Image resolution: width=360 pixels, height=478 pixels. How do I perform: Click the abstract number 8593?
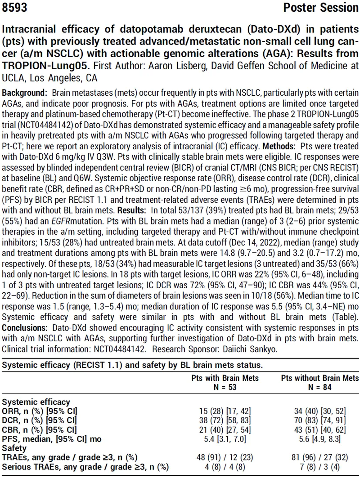pos(14,8)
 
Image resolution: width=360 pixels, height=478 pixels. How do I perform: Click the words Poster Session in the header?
pos(321,8)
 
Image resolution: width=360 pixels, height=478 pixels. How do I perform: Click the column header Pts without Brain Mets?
pos(320,379)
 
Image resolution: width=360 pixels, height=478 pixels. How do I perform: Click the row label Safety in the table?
pos(13,448)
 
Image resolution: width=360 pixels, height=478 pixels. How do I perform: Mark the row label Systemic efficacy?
pos(36,402)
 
